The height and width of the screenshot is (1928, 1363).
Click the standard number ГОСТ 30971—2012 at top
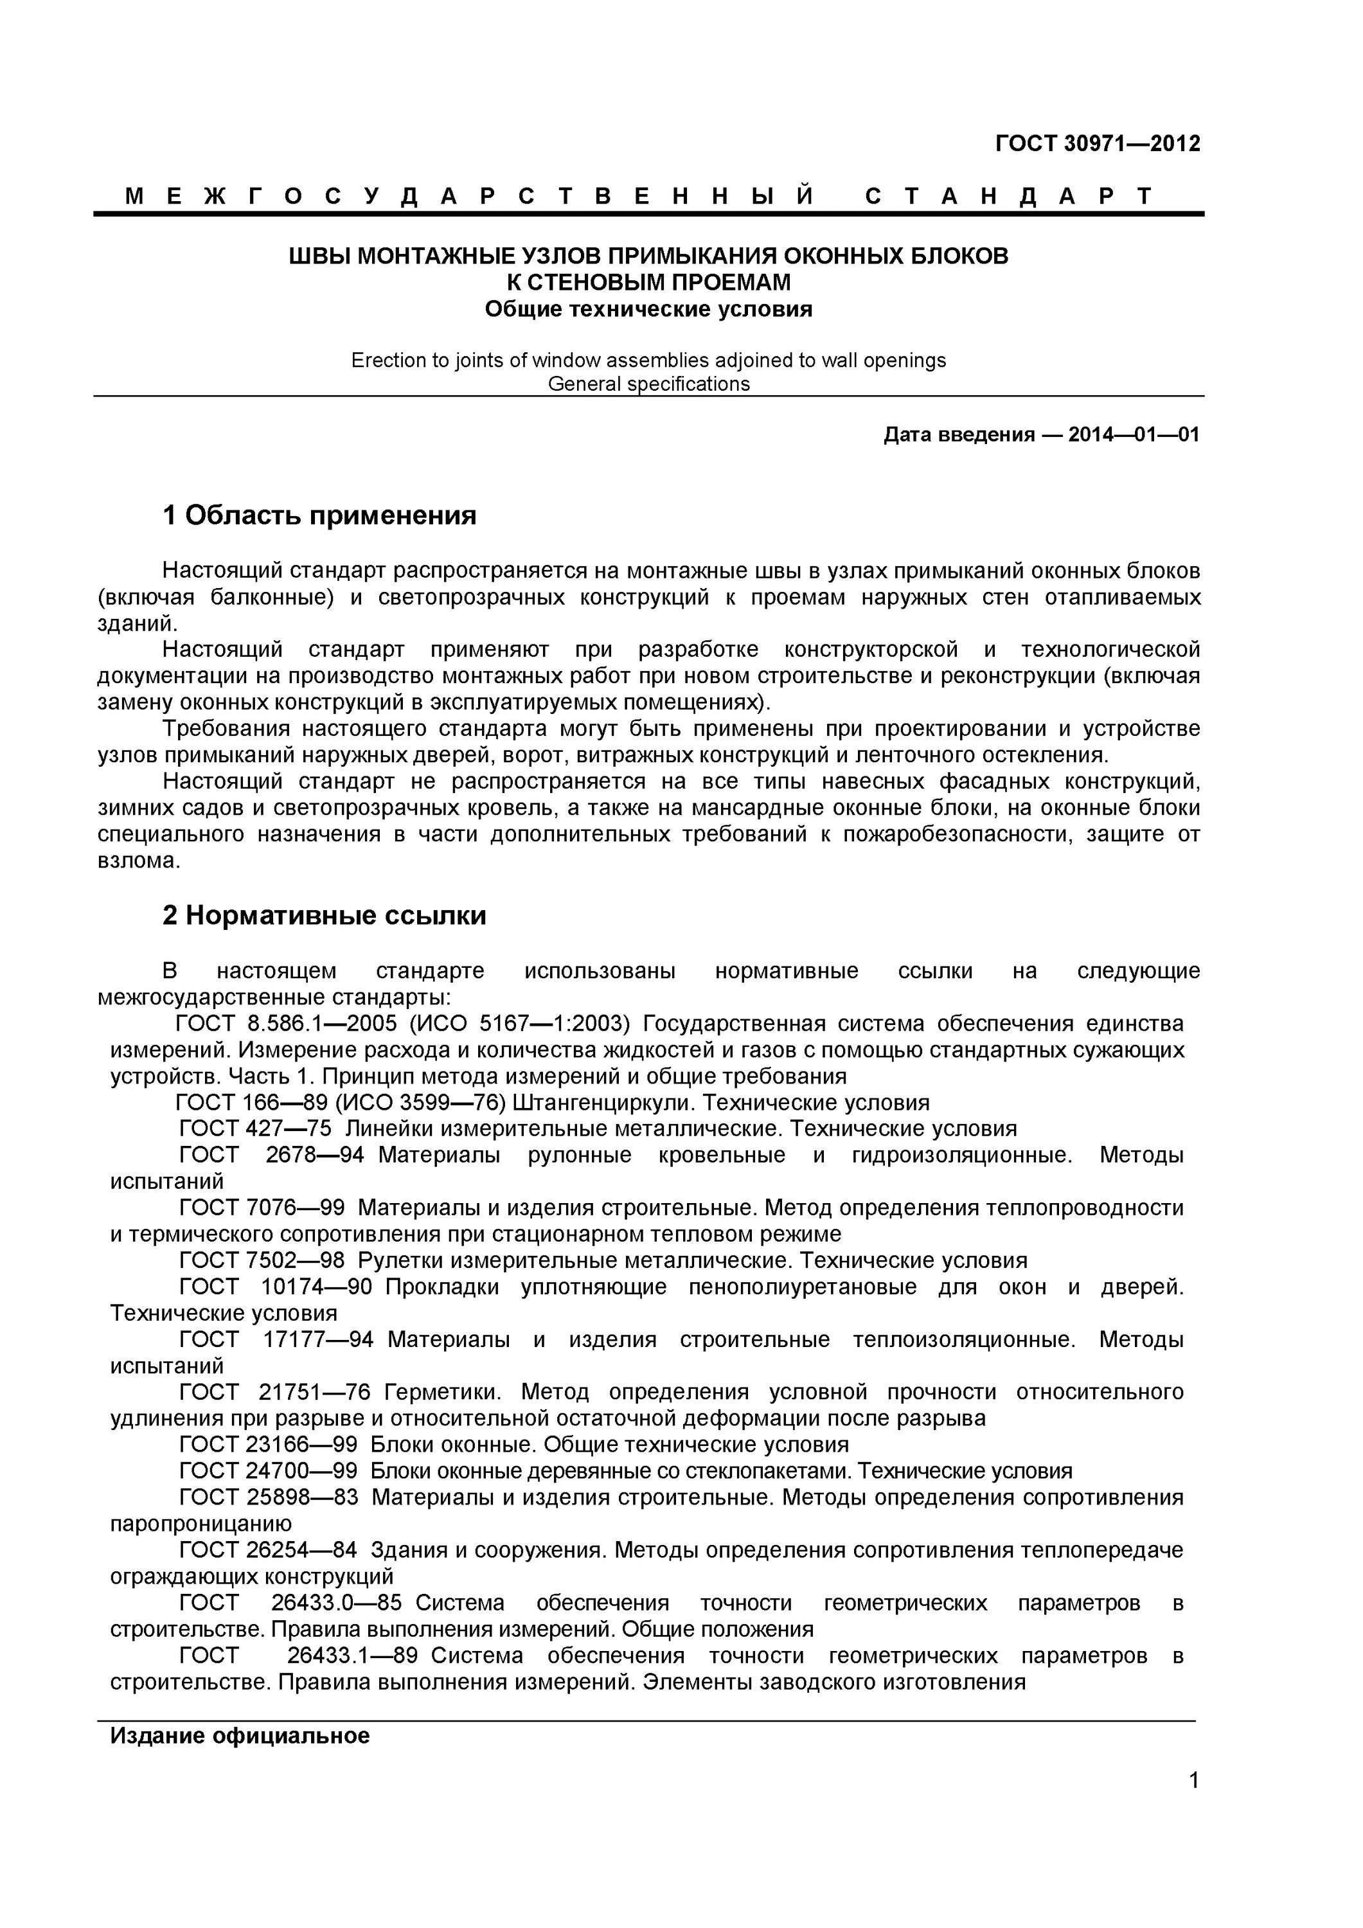(x=1097, y=143)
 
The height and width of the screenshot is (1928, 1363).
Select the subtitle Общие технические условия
(x=648, y=309)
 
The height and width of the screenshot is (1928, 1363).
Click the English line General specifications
(x=648, y=384)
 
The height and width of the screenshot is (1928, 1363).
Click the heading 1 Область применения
(x=319, y=515)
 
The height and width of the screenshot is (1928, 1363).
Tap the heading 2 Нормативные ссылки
(x=324, y=915)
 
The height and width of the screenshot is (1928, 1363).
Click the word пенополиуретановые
(x=802, y=1287)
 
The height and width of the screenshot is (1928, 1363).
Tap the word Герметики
(x=441, y=1391)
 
